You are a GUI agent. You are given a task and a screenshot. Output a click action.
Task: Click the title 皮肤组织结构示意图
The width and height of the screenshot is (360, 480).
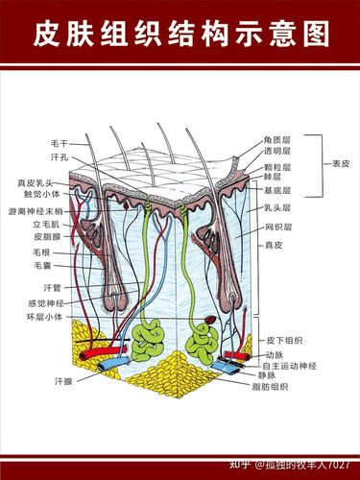pos(180,36)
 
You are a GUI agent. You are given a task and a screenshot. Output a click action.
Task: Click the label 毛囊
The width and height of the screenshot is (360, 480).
pos(42,265)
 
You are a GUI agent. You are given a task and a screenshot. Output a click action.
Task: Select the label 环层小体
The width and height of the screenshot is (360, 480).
pos(45,316)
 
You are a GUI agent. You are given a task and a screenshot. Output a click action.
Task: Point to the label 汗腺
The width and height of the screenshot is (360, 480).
pos(62,381)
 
